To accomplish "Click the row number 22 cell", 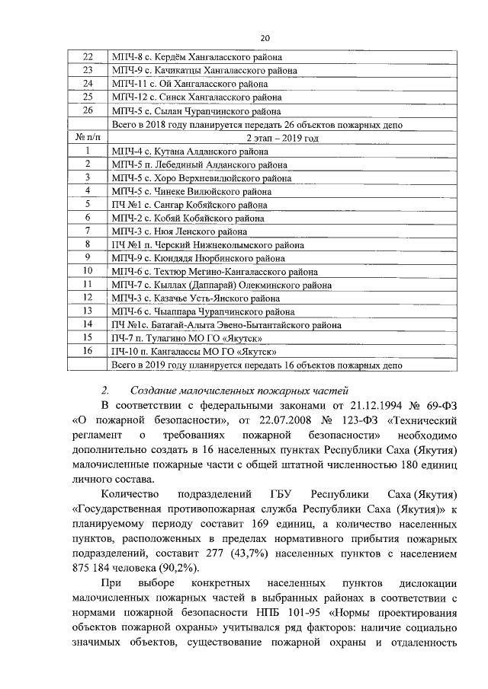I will pyautogui.click(x=87, y=57).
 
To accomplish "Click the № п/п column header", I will pyautogui.click(x=87, y=138).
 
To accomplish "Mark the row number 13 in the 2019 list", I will pyautogui.click(x=87, y=311).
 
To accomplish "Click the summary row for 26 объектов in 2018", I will pyautogui.click(x=256, y=124).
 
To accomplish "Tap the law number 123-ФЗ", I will pyautogui.click(x=347, y=419).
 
